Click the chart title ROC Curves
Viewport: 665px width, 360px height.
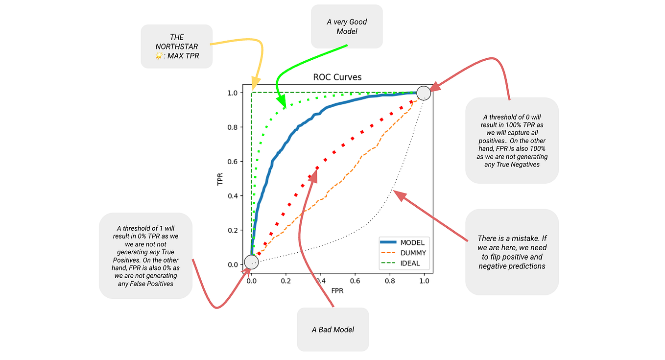[x=337, y=77]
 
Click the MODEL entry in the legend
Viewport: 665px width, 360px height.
[x=412, y=242]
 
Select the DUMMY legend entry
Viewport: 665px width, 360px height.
[x=413, y=253]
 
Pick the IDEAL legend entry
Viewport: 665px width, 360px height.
[x=409, y=264]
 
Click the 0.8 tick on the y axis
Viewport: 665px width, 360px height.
[x=233, y=127]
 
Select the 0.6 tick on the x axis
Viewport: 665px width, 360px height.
[x=355, y=281]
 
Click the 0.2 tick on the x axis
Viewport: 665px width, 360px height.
[x=285, y=281]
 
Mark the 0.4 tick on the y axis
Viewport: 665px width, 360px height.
[x=233, y=196]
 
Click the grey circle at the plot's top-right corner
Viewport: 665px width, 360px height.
[x=424, y=93]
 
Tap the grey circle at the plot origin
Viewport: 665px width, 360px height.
[x=251, y=263]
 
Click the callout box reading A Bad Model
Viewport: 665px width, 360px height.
[x=333, y=329]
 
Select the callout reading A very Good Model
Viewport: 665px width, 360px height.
[x=347, y=26]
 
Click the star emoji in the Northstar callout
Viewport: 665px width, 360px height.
[x=159, y=56]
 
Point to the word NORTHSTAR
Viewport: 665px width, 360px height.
[x=177, y=47]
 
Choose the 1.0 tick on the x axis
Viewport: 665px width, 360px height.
[x=424, y=281]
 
